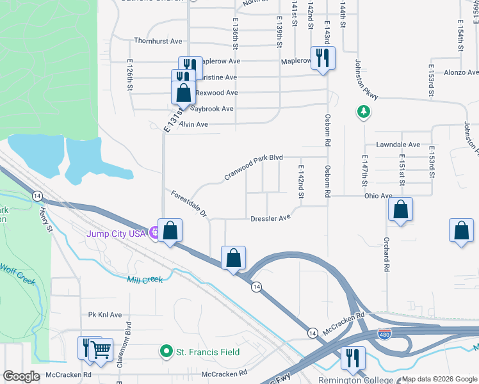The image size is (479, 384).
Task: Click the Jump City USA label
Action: coord(117,232)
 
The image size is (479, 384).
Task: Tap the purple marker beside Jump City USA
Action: coord(154,232)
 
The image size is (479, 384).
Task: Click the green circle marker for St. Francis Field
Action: coord(166,351)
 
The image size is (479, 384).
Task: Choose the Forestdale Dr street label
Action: coord(189,204)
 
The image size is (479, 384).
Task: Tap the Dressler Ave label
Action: coord(270,218)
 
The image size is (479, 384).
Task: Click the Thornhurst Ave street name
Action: coord(158,41)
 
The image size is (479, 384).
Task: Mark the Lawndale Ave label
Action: coord(398,145)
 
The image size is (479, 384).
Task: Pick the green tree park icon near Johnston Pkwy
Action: coord(363,112)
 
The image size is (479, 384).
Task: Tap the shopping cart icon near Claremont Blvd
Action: coord(101,349)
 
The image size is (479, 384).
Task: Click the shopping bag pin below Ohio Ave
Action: coord(400,209)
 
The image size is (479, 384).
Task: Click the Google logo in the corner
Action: coord(21,376)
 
